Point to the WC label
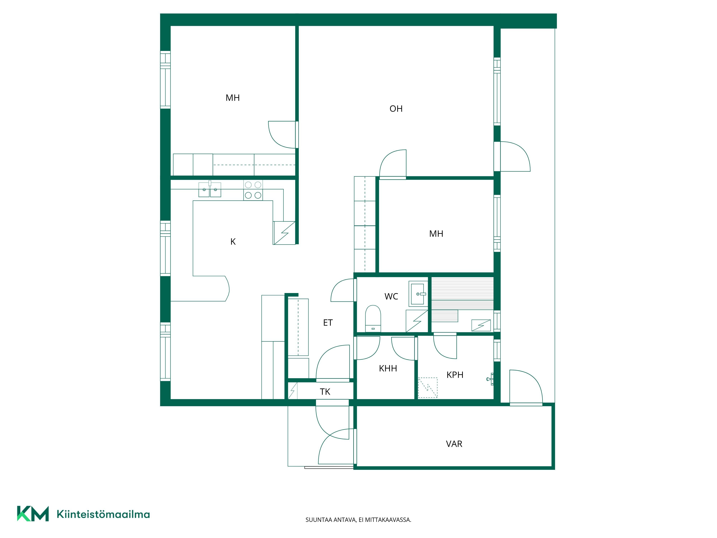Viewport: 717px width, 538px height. (x=391, y=296)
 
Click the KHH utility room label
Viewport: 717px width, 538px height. (x=388, y=368)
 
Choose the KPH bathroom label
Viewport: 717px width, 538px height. (x=455, y=375)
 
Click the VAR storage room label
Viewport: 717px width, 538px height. (x=454, y=444)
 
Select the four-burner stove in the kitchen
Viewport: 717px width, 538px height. (x=253, y=190)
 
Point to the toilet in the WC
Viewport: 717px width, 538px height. (x=373, y=318)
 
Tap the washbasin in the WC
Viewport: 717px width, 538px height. (x=418, y=294)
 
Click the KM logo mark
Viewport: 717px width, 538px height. (x=33, y=514)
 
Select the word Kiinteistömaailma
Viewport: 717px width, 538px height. (x=103, y=514)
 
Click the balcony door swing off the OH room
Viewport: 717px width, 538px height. (x=515, y=156)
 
